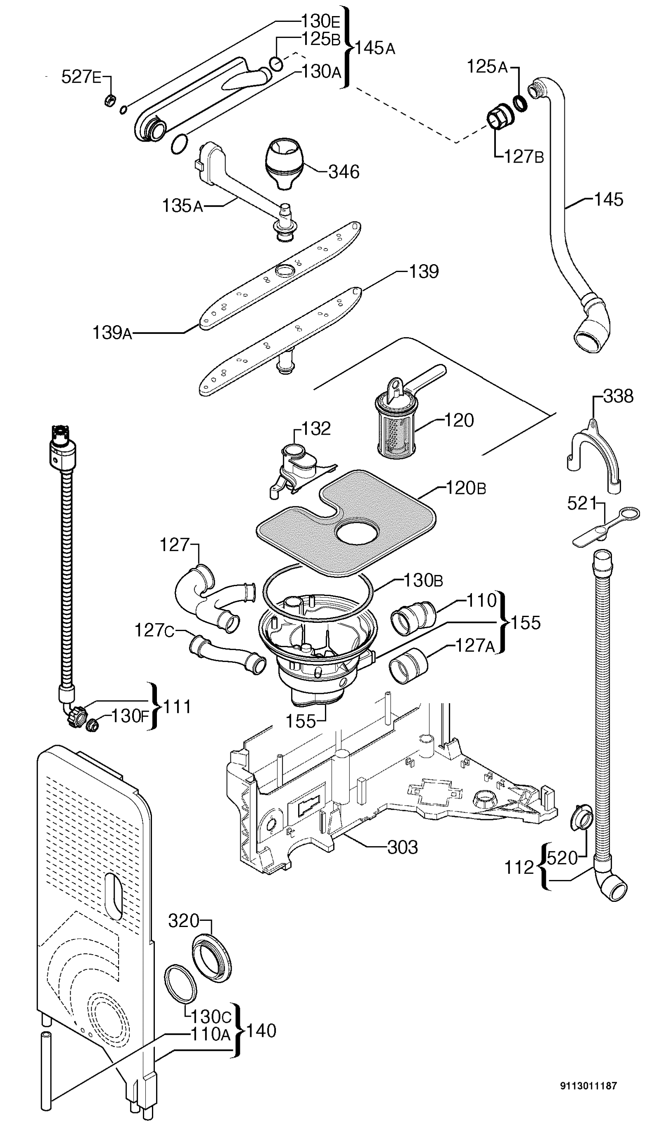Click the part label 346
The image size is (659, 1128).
tap(344, 172)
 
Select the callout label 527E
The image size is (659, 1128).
tap(81, 77)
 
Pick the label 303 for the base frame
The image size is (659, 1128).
tap(402, 847)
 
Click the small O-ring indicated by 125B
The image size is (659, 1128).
tap(277, 64)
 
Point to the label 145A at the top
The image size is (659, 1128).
tap(375, 48)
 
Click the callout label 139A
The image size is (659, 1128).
tap(112, 333)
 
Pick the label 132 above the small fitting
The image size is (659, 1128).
tap(315, 429)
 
